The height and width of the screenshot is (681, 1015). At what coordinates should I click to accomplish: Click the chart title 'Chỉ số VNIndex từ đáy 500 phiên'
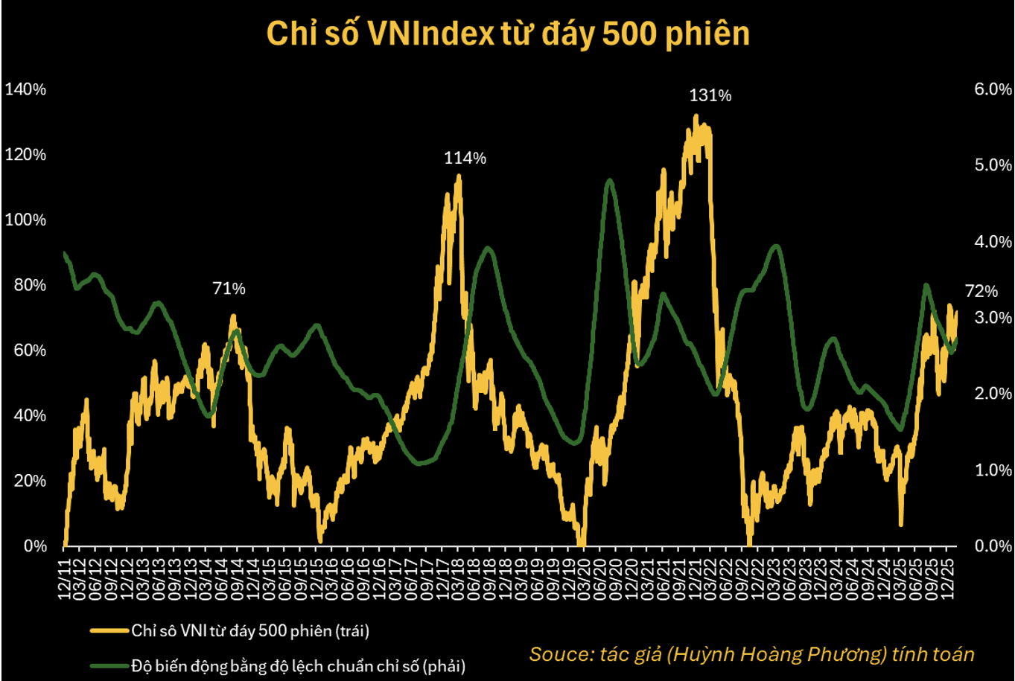[507, 35]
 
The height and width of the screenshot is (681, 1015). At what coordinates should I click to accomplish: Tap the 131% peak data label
[710, 96]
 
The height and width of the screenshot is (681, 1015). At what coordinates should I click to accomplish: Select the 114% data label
[465, 158]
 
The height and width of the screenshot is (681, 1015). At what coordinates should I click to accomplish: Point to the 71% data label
[229, 289]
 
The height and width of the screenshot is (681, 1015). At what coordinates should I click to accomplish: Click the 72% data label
[981, 291]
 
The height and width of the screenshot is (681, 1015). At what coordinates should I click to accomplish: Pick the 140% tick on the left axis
[25, 89]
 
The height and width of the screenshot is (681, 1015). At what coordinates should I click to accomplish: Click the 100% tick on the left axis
[25, 220]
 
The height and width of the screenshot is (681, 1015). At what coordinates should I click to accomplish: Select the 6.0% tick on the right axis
[992, 89]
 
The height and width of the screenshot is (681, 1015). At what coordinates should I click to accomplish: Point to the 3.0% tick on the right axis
[992, 318]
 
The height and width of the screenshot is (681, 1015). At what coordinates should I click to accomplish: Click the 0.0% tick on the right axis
[992, 546]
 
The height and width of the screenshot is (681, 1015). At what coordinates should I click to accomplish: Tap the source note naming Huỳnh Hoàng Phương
[751, 654]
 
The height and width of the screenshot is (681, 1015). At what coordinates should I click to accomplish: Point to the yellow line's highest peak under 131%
[696, 116]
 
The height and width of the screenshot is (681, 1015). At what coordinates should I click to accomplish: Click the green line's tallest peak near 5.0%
[609, 180]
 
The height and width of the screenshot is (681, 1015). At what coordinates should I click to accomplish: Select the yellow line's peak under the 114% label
[458, 176]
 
